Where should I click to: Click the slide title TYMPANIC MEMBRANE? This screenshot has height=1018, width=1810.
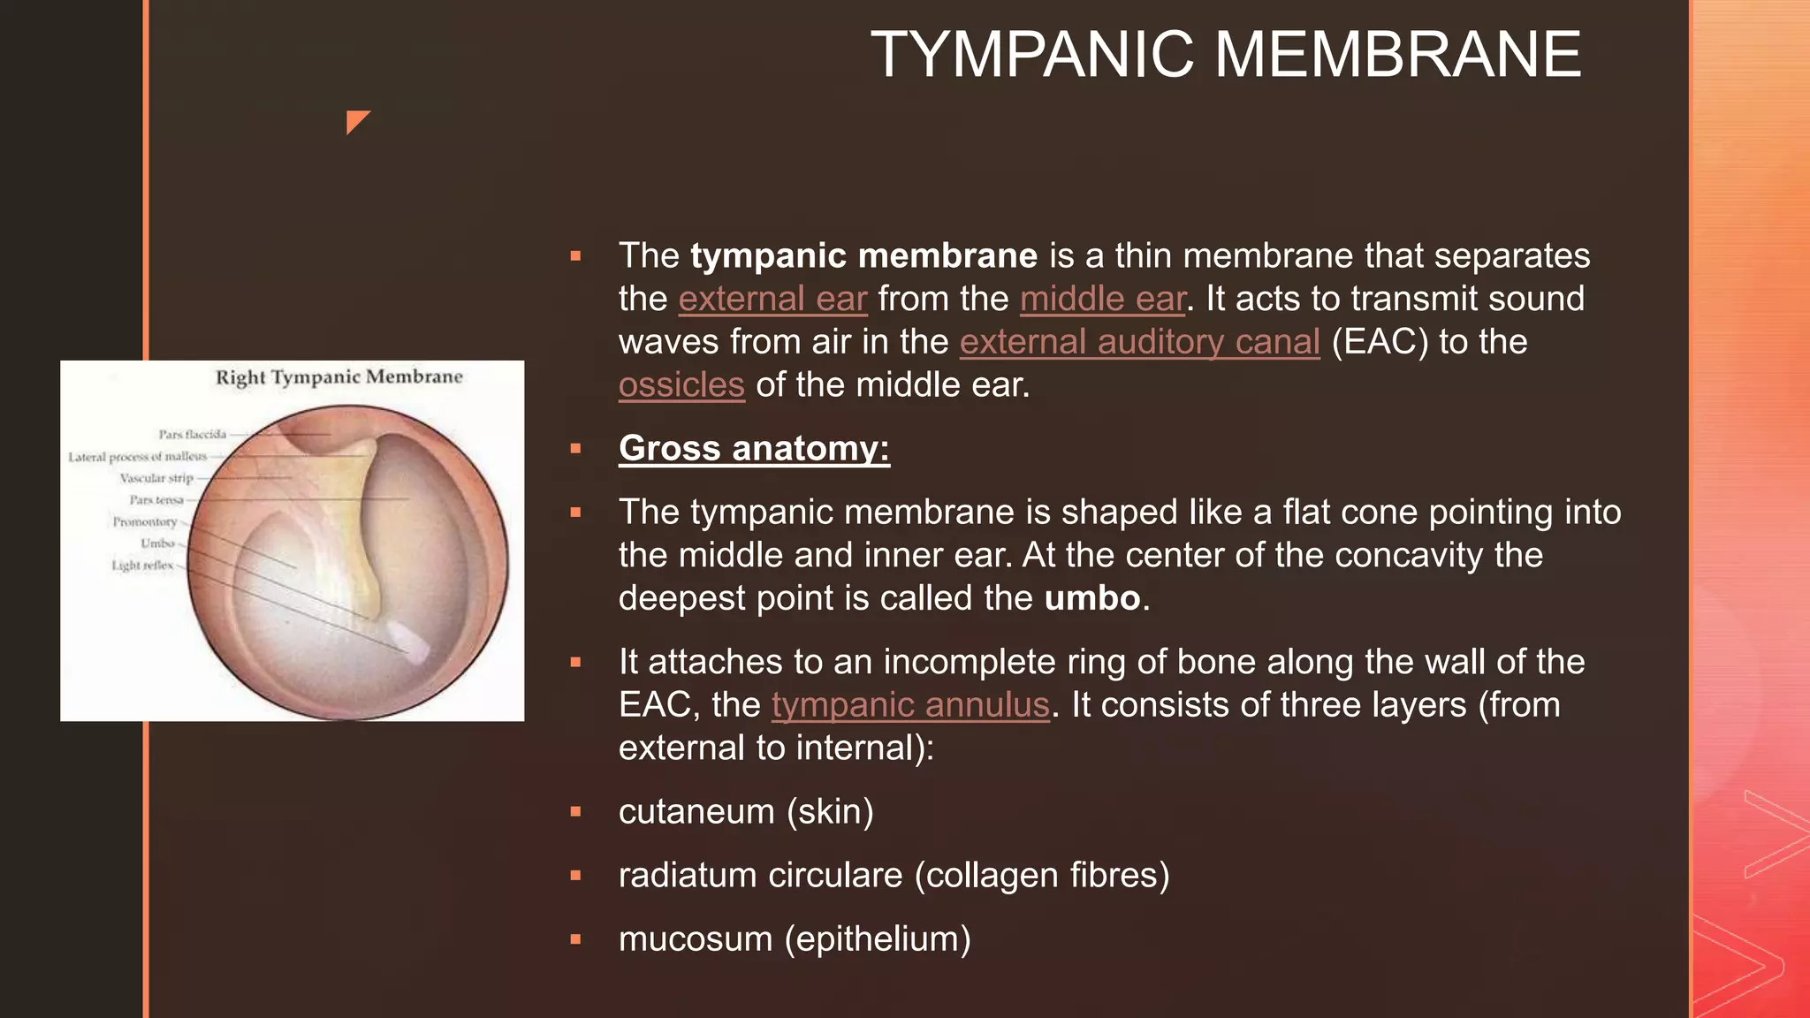[x=1226, y=55]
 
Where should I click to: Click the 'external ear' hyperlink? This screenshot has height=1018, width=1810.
[x=772, y=299]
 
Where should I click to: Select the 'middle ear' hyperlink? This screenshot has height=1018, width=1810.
[x=1102, y=299]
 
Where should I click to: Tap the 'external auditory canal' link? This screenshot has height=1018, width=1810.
[x=1139, y=342]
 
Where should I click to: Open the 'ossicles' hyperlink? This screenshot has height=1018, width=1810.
[x=681, y=385]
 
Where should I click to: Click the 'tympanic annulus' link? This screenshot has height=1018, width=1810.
[x=910, y=705]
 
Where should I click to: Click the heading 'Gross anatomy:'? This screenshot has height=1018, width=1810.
[x=754, y=448]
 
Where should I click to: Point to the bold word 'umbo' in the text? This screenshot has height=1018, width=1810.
[x=1092, y=598]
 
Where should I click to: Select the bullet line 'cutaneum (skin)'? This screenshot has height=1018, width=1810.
[x=746, y=811]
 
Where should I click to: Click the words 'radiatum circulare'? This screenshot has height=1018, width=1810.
[x=760, y=875]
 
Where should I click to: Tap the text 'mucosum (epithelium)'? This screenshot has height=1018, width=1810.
[x=795, y=938]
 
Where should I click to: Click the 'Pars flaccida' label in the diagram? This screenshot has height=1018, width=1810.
[x=192, y=434]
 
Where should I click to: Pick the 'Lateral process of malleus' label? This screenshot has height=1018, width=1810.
[x=137, y=457]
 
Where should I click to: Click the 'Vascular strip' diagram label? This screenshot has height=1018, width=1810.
[x=156, y=478]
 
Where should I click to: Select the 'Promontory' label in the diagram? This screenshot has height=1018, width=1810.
[x=144, y=521]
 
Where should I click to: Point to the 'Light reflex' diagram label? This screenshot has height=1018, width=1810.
[x=141, y=565]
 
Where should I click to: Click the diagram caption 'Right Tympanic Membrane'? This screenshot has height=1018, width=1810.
[x=338, y=377]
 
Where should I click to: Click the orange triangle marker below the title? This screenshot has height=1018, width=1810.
[x=355, y=120]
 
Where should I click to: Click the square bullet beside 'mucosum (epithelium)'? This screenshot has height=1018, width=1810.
[x=575, y=939]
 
